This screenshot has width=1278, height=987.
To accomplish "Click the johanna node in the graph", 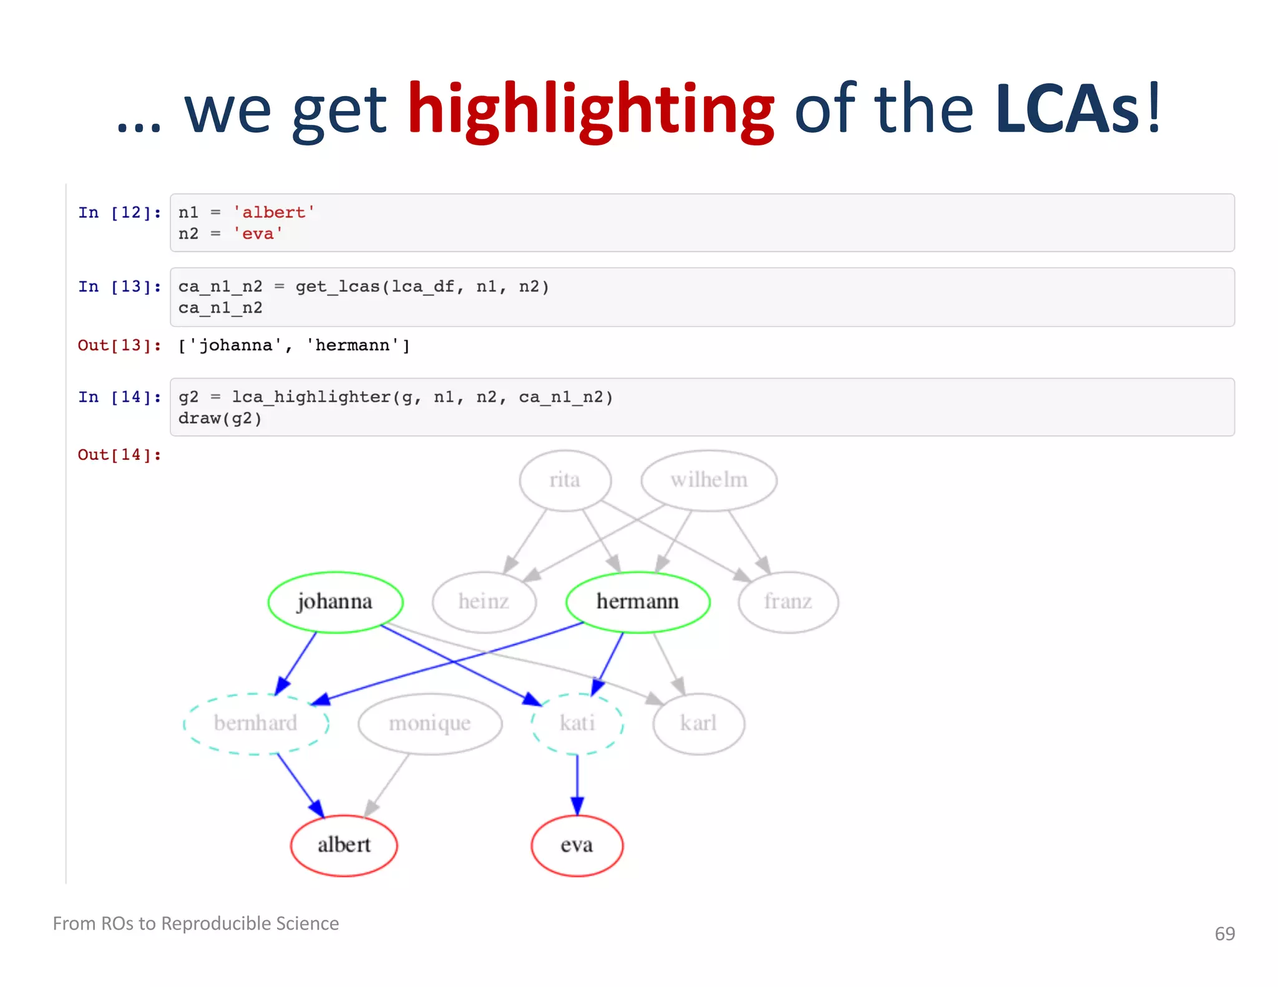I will click(x=335, y=602).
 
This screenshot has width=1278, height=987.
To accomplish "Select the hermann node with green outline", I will click(x=637, y=602).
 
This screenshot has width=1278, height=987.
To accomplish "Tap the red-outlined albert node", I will click(x=344, y=845).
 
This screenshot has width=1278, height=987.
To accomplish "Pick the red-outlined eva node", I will click(x=577, y=845).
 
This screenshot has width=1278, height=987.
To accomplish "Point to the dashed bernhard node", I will click(x=256, y=724).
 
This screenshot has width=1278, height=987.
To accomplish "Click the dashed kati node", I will click(x=577, y=724).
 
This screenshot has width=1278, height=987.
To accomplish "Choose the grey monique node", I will click(x=430, y=724).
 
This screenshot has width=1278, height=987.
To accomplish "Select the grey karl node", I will click(x=698, y=724).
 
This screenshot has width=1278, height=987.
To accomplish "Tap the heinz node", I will click(x=484, y=602).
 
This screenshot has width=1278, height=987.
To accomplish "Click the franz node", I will click(x=788, y=602).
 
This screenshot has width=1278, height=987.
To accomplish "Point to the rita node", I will click(x=565, y=480).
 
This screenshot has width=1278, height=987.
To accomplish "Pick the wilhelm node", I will click(x=709, y=480).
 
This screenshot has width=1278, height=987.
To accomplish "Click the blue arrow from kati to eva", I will click(x=577, y=783).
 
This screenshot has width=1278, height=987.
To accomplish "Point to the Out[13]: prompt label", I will click(x=119, y=346).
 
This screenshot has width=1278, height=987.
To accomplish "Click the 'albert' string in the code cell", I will click(x=273, y=213).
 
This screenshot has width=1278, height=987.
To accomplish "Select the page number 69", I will click(x=1224, y=933).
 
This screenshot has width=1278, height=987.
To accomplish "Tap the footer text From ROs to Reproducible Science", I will click(x=196, y=923).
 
